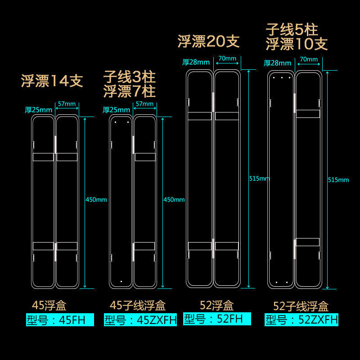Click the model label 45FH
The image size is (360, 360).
[x=60, y=320]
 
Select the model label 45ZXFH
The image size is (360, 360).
[x=140, y=320]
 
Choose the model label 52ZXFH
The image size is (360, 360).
[x=301, y=320]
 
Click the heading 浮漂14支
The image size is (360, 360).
[x=52, y=81]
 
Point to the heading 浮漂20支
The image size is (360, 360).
[x=208, y=42]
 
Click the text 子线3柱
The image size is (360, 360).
[x=129, y=76]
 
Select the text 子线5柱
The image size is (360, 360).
[x=292, y=30]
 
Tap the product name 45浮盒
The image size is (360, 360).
[x=49, y=306]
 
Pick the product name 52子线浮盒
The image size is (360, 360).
[x=301, y=306]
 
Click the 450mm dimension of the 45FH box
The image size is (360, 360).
[x=96, y=199]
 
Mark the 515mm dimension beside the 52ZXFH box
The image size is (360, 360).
[x=338, y=180]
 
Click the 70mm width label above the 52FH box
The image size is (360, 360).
[x=227, y=58]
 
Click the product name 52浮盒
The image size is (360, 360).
[x=217, y=305]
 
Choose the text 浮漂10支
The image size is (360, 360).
[x=296, y=44]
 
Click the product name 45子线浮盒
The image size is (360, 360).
[x=138, y=306]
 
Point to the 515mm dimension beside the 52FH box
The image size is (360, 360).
[x=259, y=178]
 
